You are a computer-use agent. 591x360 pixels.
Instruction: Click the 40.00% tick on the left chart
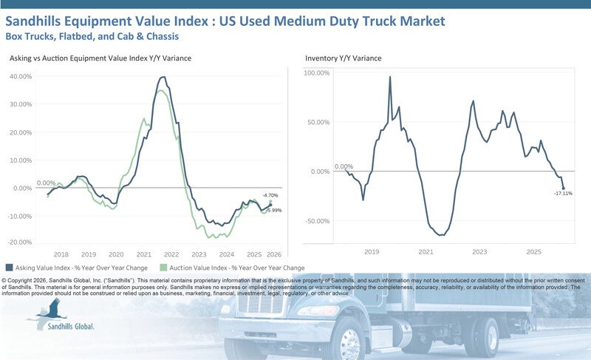coord(21,76)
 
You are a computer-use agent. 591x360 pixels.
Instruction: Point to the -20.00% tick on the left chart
coord(20,242)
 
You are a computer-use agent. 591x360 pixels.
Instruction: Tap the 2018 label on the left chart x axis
coord(61,253)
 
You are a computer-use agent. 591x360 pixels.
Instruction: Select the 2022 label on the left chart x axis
coord(171,253)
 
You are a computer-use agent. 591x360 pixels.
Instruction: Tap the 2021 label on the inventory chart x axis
coord(426,253)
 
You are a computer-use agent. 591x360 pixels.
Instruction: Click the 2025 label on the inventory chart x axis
coord(534,253)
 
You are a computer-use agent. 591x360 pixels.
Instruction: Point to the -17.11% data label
coord(564,194)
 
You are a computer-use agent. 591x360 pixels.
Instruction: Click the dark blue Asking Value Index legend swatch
coord(9,268)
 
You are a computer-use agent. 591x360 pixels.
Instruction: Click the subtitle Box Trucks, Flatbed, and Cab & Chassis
coord(92,35)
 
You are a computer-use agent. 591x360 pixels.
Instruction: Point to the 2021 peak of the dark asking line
coord(163,77)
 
